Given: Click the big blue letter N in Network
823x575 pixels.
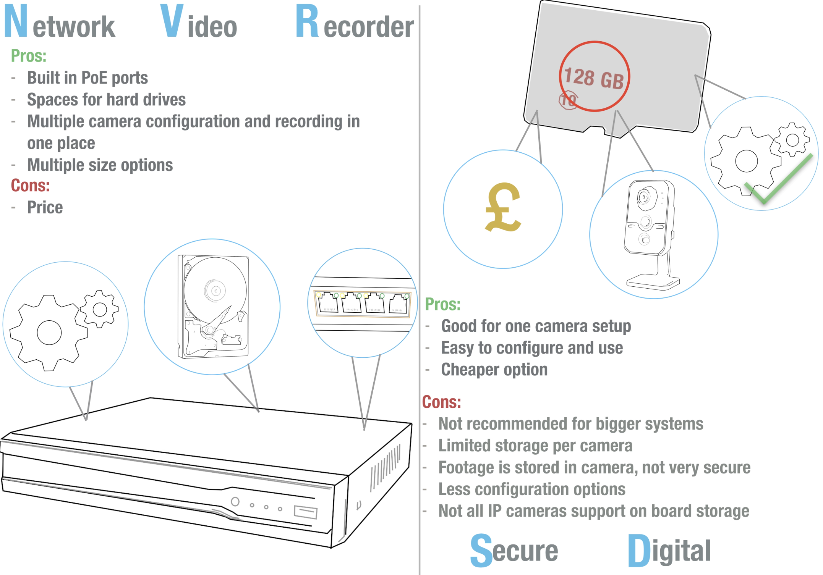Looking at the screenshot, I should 16,21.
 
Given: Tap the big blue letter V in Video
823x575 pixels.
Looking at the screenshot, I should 172,21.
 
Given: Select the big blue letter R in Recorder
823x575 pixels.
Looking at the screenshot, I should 307,21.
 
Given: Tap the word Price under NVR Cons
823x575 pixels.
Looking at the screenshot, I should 45,208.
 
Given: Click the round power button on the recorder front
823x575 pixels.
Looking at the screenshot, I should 235,501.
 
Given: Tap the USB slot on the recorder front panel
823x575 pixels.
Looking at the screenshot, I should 305,512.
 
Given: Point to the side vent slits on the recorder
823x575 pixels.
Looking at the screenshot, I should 385,468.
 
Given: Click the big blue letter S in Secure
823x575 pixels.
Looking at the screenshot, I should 481,550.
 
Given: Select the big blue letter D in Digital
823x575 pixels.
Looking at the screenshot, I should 639,550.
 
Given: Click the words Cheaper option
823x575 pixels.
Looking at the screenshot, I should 494,370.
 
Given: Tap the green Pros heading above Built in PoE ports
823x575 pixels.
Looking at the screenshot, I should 29,56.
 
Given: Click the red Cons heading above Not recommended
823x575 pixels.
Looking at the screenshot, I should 441,402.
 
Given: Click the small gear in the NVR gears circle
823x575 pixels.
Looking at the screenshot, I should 100,309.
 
